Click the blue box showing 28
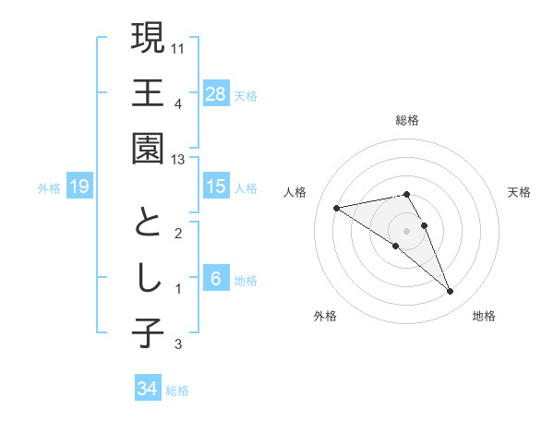pos(216,93)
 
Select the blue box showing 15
pos(216,187)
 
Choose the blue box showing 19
pos(78,187)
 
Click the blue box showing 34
pos(147,389)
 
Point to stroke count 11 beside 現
pos(179,46)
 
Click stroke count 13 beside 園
pos(178,160)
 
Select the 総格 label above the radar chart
pos(407,120)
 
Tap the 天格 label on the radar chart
pos(520,192)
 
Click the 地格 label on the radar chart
pos(484,316)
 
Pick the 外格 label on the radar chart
pos(324,316)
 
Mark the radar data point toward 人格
pos(337,207)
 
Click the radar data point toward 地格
pos(451,292)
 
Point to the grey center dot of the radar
pos(406,230)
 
